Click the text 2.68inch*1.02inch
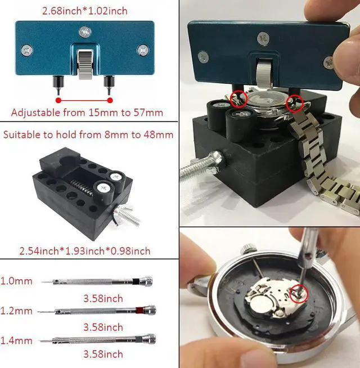tap(85, 11)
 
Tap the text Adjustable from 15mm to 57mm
tap(87, 113)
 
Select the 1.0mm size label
tap(16, 281)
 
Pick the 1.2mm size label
tap(16, 311)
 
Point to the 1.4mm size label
tap(16, 340)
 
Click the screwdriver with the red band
tap(97, 311)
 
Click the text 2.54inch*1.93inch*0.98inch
tap(85, 251)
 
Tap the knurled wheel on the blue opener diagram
tap(85, 64)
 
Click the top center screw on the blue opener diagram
tap(85, 32)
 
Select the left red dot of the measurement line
tap(58, 101)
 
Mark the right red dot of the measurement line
tap(110, 101)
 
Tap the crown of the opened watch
tap(247, 249)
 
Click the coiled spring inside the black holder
tap(81, 187)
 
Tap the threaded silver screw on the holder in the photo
tap(202, 165)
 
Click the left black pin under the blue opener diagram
tap(57, 85)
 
